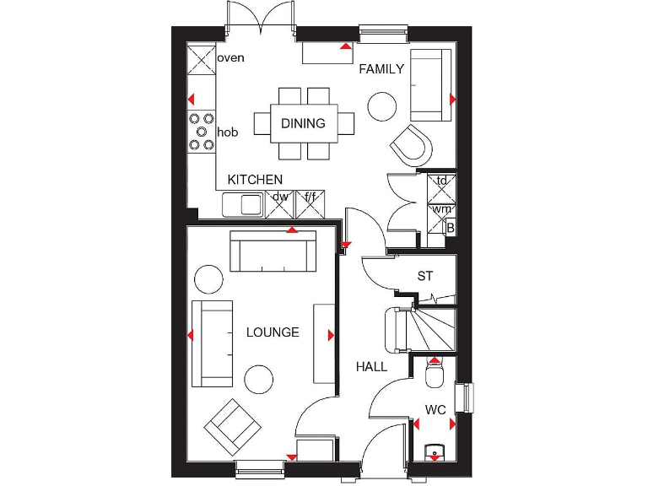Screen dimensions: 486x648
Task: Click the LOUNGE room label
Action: (273, 332)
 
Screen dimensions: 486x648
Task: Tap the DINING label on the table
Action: (303, 124)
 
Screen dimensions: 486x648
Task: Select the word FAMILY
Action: (381, 69)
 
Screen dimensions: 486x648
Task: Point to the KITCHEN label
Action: (255, 180)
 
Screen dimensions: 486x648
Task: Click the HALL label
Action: (371, 367)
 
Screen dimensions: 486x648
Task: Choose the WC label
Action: (435, 410)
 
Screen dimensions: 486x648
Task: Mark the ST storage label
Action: (425, 276)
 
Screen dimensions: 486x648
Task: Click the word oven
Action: (230, 58)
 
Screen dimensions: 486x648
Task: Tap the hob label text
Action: (228, 132)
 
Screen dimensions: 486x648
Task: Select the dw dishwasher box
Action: (279, 199)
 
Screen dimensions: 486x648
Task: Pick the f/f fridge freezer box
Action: (310, 199)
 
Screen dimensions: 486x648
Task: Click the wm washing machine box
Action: (441, 209)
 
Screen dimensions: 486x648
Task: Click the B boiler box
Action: (451, 228)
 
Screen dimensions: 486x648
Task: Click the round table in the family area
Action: (382, 105)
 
